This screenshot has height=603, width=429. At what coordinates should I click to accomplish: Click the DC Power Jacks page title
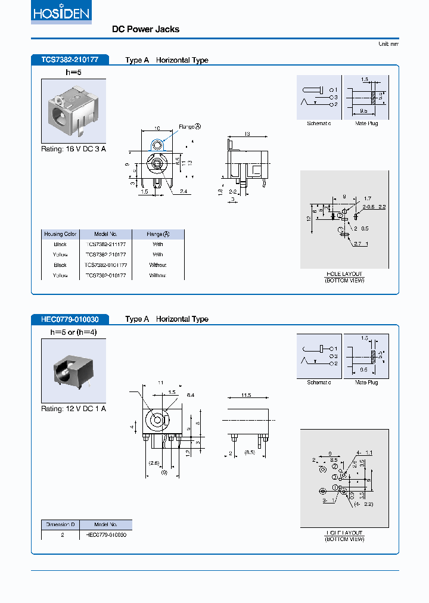[x=145, y=29]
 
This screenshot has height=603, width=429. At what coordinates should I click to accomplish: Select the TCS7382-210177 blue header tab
[x=69, y=60]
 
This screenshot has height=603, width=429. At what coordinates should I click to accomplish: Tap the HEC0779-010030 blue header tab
[x=70, y=319]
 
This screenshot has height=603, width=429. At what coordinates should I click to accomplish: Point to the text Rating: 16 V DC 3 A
[x=73, y=149]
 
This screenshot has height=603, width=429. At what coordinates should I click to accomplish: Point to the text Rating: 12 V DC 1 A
[x=73, y=409]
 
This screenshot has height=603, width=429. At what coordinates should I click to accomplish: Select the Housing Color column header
[x=60, y=234]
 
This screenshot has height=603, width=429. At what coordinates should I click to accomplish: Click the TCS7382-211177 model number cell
[x=105, y=244]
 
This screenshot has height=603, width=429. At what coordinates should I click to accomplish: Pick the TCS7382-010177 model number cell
[x=105, y=275]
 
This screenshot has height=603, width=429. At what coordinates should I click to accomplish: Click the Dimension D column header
[x=60, y=524]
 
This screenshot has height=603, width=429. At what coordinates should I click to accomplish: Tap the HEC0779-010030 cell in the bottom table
[x=105, y=534]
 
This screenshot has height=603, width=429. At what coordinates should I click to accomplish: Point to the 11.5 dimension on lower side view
[x=246, y=395]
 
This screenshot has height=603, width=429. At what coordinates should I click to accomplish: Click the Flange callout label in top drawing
[x=189, y=126]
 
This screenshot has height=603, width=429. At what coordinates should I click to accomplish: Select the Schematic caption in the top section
[x=319, y=123]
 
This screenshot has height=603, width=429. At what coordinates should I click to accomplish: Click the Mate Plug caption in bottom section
[x=366, y=383]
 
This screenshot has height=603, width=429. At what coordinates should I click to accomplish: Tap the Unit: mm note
[x=388, y=44]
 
